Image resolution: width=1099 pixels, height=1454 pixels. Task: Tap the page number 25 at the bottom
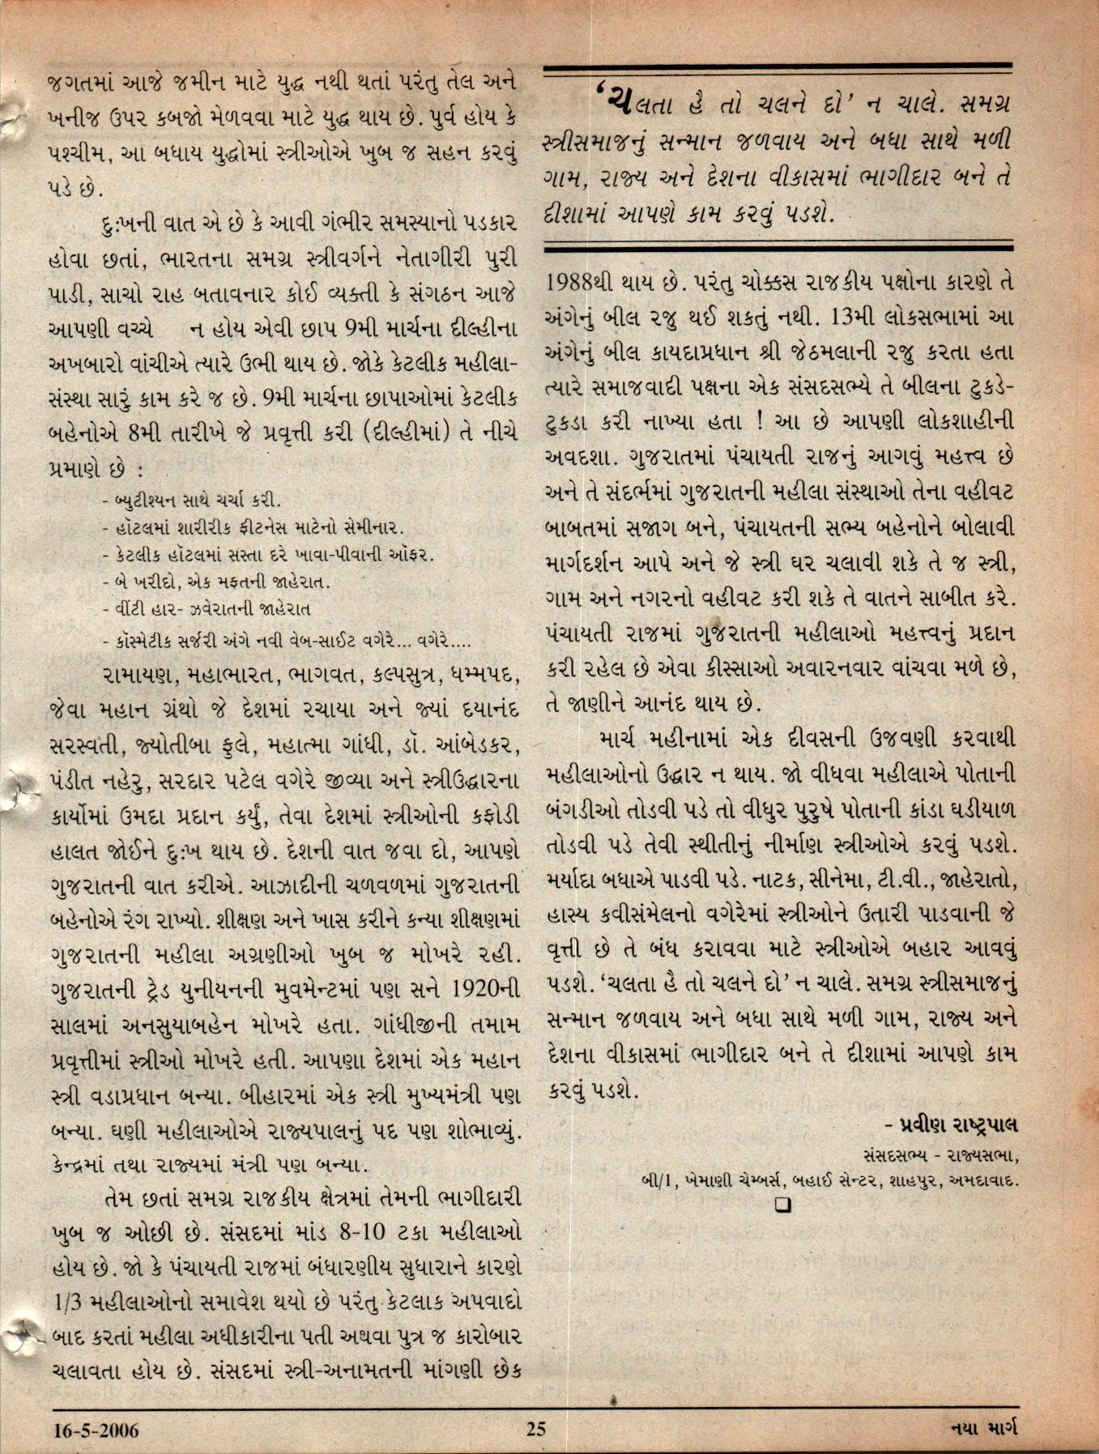click(x=536, y=1430)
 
